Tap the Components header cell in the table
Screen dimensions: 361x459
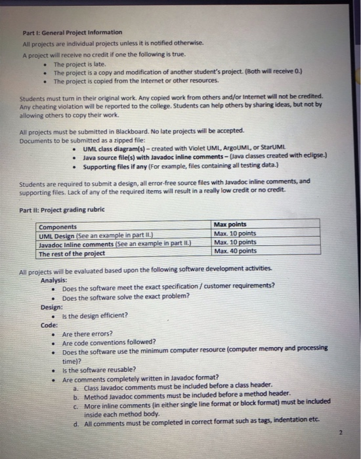pos(58,227)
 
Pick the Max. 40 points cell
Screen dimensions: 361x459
pos(235,250)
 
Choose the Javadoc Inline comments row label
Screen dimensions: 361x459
pos(106,244)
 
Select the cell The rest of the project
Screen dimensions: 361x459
pos(72,253)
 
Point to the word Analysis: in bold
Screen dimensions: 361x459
pos(55,279)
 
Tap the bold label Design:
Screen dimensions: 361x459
pos(52,306)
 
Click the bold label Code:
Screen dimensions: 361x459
pos(49,325)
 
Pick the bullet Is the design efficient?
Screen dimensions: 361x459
pos(95,315)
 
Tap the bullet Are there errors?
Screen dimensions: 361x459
pos(87,334)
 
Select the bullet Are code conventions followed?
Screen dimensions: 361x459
pos(109,343)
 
